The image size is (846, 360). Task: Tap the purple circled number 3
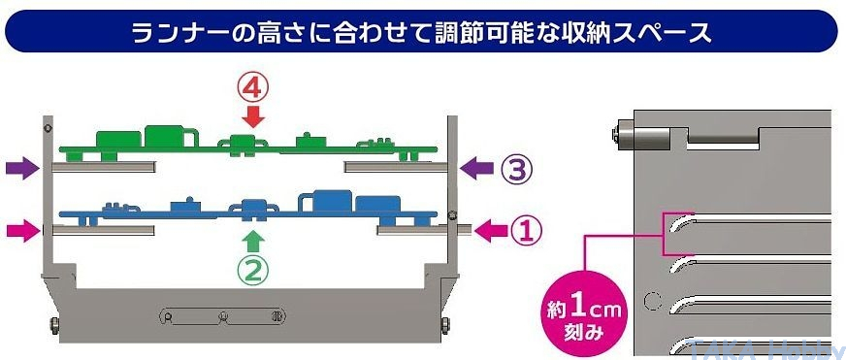coord(516,169)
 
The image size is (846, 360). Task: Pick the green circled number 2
coord(253,272)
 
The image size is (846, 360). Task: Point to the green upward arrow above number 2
coord(252,243)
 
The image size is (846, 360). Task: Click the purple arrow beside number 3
coord(477,169)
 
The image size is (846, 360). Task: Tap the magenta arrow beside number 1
coord(491,232)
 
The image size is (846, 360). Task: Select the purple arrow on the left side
coord(22,169)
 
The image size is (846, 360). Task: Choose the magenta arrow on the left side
coord(24,231)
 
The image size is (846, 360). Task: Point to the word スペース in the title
coord(664,33)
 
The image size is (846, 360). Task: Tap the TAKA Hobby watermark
coord(767,348)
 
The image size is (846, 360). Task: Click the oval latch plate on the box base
coord(222,316)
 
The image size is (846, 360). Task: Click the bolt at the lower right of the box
coord(444,323)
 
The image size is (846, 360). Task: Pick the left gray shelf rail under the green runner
coord(104,166)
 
